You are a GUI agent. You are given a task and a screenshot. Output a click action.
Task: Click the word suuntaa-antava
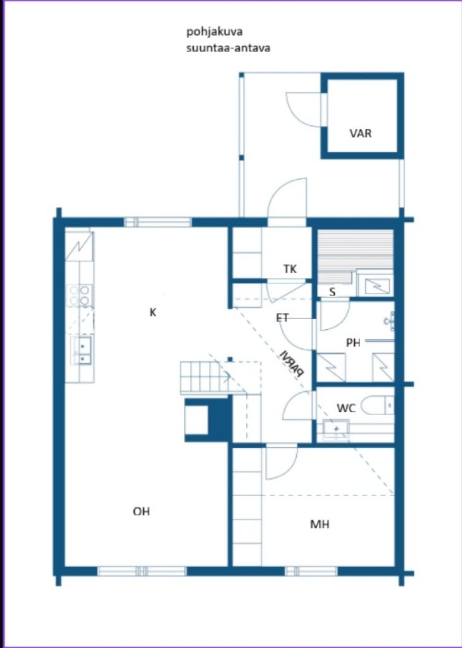(x=219, y=47)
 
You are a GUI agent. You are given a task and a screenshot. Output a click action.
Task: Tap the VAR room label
(x=361, y=134)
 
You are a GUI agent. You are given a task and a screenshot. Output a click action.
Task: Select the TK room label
(x=290, y=269)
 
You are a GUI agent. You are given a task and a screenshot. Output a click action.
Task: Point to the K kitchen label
(x=153, y=312)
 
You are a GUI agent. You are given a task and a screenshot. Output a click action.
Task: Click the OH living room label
(x=141, y=512)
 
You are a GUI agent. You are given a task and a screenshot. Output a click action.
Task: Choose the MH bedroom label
(x=320, y=524)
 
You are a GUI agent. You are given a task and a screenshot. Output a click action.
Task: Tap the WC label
(x=346, y=408)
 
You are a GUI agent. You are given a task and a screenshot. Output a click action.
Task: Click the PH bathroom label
(x=353, y=343)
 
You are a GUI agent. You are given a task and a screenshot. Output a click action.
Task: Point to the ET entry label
(x=283, y=318)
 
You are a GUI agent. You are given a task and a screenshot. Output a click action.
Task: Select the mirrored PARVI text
(x=292, y=364)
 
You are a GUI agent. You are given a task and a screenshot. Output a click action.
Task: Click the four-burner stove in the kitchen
(x=79, y=295)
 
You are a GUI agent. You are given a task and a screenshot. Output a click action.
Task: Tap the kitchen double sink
(x=82, y=350)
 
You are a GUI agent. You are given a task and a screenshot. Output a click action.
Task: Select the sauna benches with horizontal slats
(x=354, y=250)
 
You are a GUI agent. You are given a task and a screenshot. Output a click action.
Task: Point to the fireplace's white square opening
(x=196, y=420)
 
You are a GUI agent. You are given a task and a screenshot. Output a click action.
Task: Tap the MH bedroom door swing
(x=280, y=464)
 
